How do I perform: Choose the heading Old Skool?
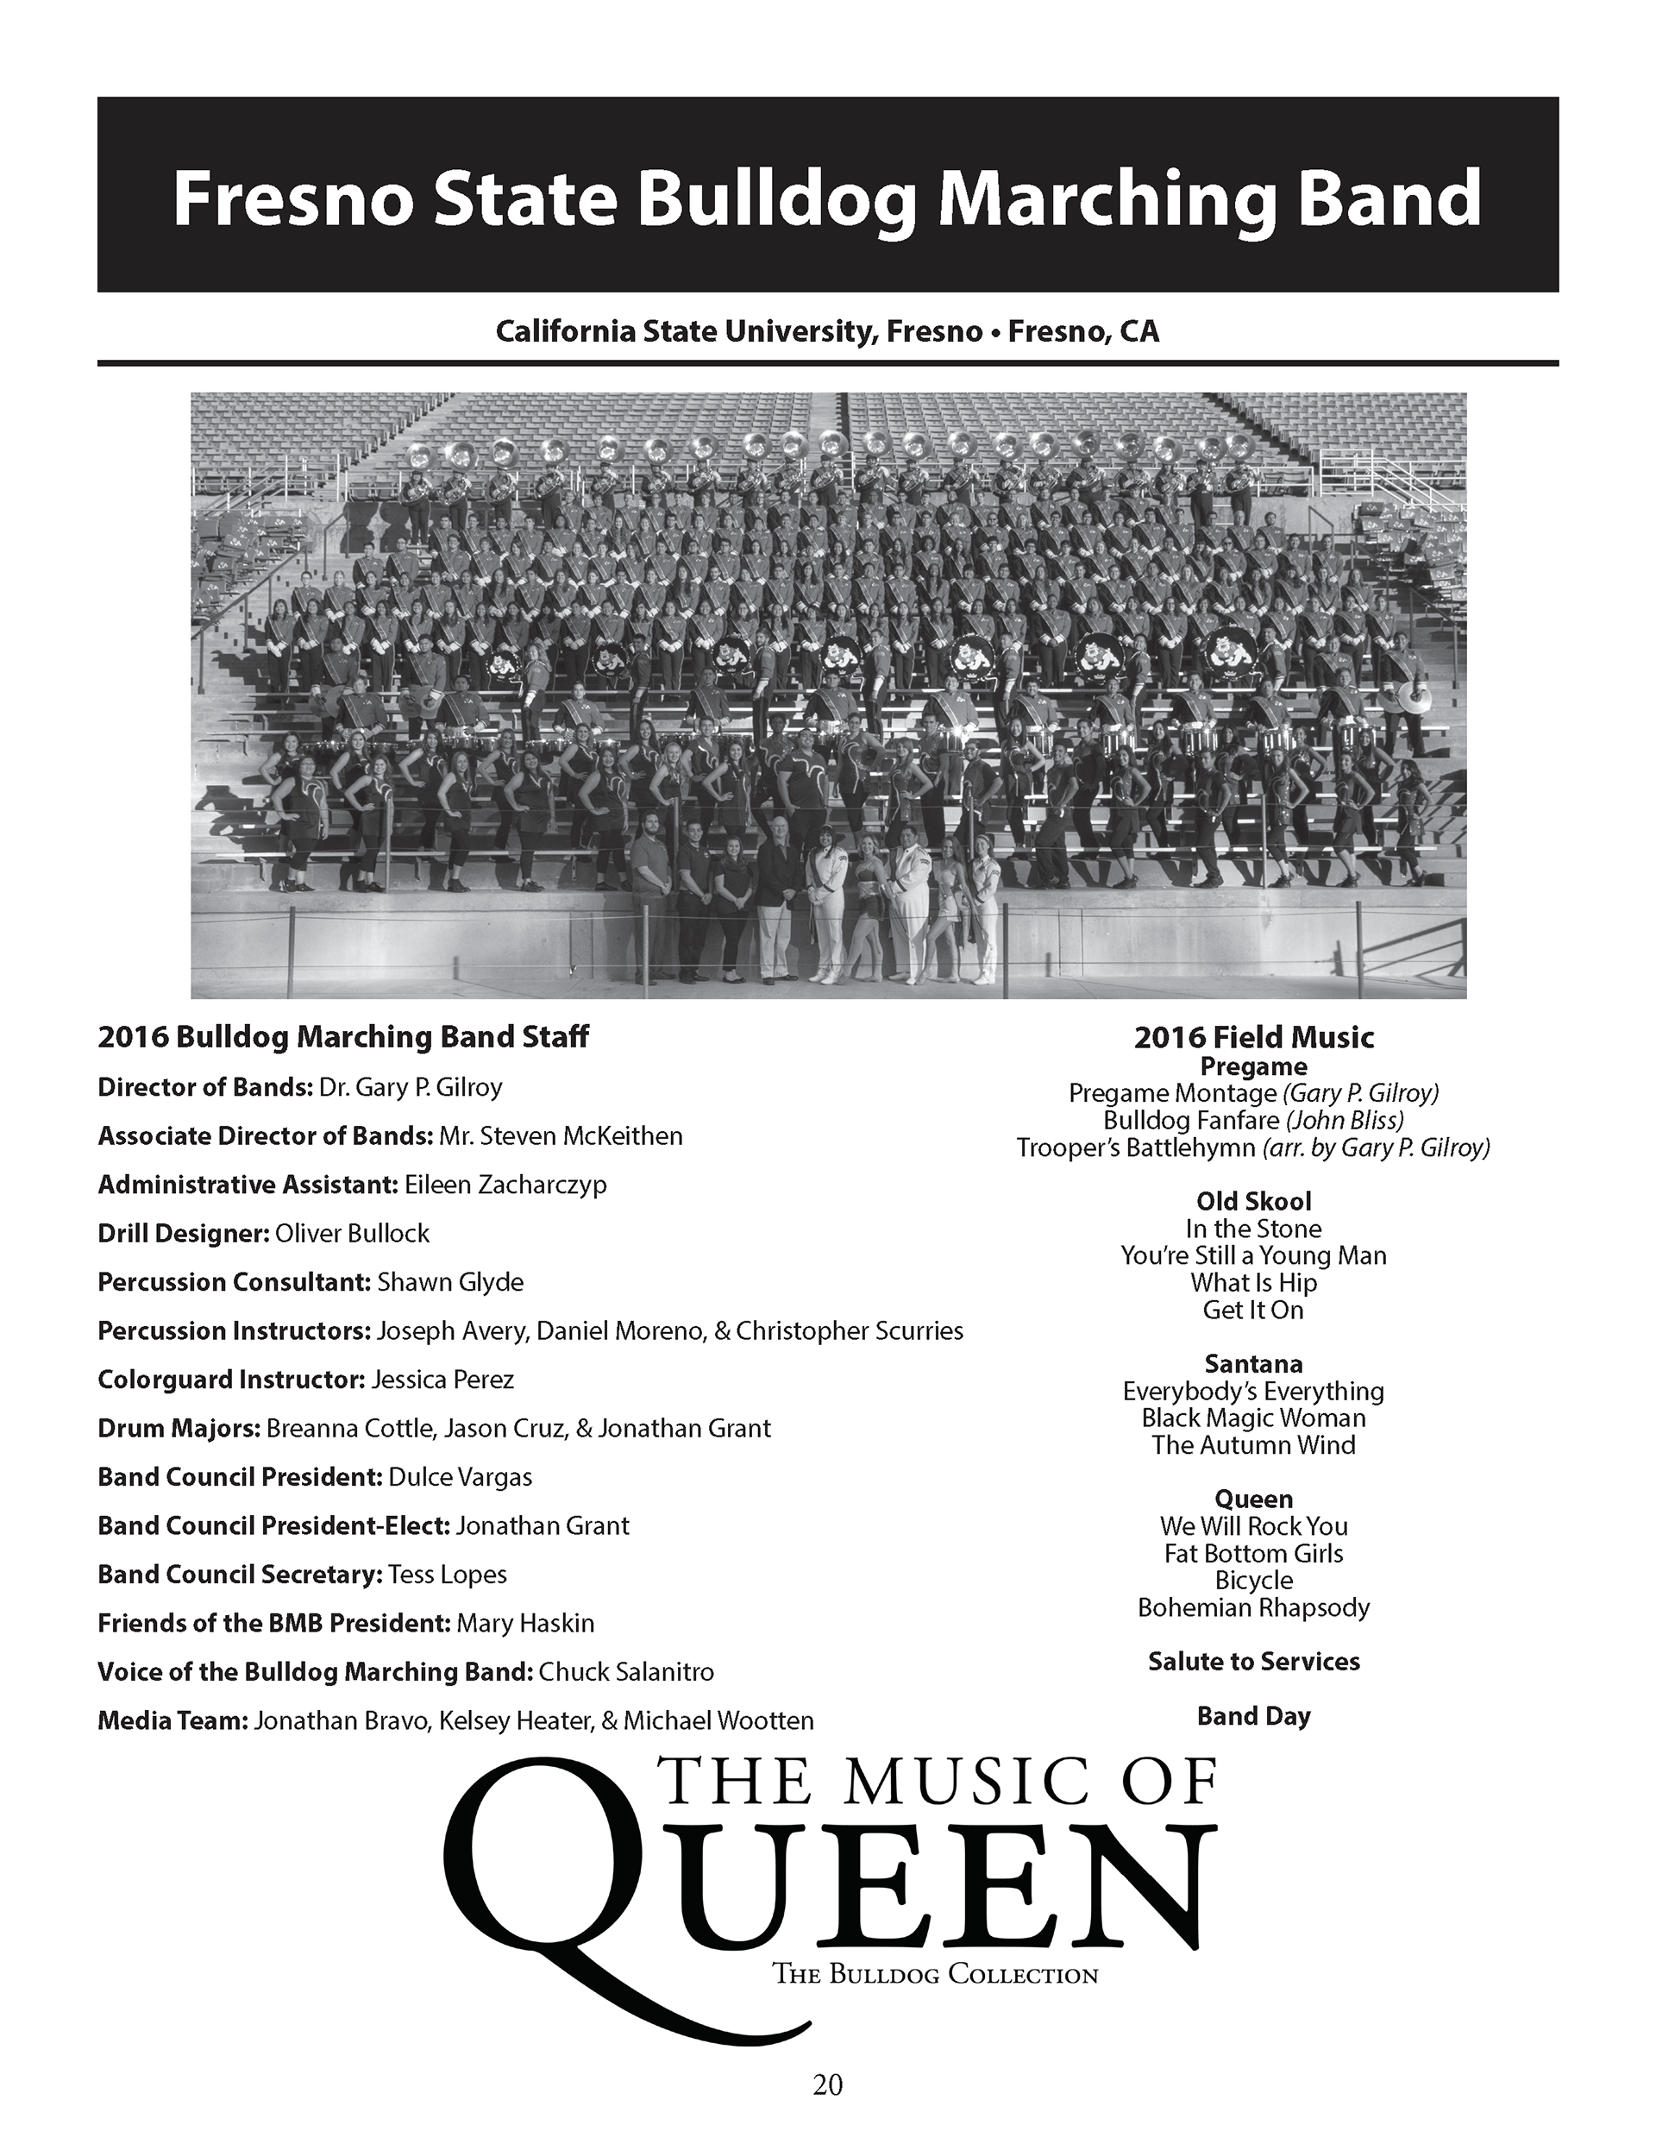(1253, 1201)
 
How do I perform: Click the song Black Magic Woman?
(1253, 1418)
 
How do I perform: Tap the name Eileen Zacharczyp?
(505, 1185)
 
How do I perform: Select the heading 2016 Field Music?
(1253, 1038)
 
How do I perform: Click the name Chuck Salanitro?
(626, 1672)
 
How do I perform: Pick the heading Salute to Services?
(1253, 1661)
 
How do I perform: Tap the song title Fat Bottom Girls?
(1253, 1553)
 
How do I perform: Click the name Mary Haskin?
(525, 1623)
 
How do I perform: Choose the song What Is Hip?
(1253, 1282)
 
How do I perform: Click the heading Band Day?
(1253, 1716)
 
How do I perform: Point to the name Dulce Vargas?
(461, 1476)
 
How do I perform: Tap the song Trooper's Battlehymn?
(1136, 1147)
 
